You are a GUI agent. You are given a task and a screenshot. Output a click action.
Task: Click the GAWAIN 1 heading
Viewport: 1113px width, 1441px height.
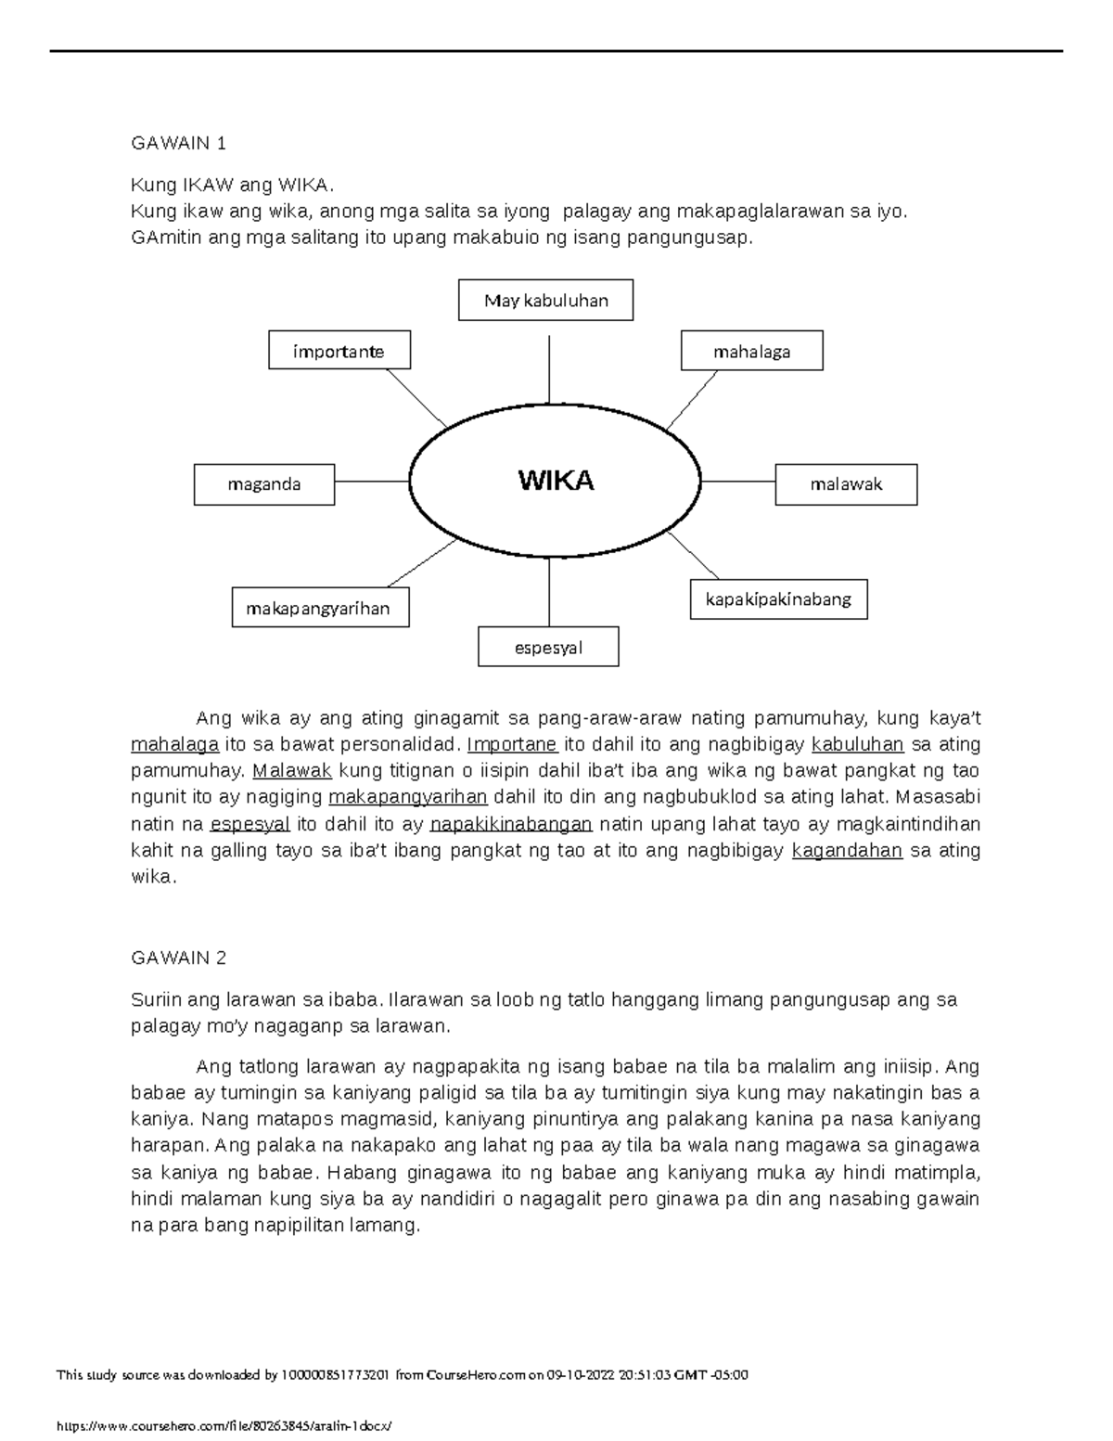(x=179, y=144)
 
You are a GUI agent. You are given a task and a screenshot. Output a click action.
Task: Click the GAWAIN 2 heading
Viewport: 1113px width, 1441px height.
(x=179, y=958)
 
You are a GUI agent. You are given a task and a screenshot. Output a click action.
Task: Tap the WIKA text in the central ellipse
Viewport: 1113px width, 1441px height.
(x=556, y=481)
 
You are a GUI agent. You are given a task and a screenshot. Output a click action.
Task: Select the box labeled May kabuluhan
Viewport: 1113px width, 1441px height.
(x=545, y=301)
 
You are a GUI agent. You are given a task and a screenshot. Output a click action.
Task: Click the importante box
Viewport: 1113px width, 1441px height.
(x=339, y=352)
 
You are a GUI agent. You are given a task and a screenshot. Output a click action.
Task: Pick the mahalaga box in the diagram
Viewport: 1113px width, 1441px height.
(x=751, y=352)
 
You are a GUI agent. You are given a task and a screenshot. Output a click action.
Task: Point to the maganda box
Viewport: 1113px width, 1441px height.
(x=264, y=484)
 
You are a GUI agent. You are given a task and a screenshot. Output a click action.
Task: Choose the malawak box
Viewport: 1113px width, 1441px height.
(x=846, y=484)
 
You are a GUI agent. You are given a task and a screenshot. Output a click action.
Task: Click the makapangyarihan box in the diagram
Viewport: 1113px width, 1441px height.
(x=320, y=608)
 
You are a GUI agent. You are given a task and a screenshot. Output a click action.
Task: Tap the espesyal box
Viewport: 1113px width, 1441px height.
(x=548, y=648)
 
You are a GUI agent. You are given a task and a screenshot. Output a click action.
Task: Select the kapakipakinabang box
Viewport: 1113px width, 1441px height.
(x=778, y=599)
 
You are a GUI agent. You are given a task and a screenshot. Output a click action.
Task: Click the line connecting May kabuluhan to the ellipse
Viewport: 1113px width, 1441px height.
(x=550, y=369)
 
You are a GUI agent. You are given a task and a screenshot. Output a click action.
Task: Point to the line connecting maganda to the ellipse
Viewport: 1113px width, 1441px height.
(x=371, y=482)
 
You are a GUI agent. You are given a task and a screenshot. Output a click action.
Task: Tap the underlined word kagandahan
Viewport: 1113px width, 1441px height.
(x=847, y=851)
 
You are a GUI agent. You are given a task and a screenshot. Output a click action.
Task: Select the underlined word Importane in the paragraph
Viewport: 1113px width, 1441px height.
(x=512, y=744)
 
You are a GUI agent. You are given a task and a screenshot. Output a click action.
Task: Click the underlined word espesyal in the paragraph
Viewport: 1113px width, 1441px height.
(x=250, y=824)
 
